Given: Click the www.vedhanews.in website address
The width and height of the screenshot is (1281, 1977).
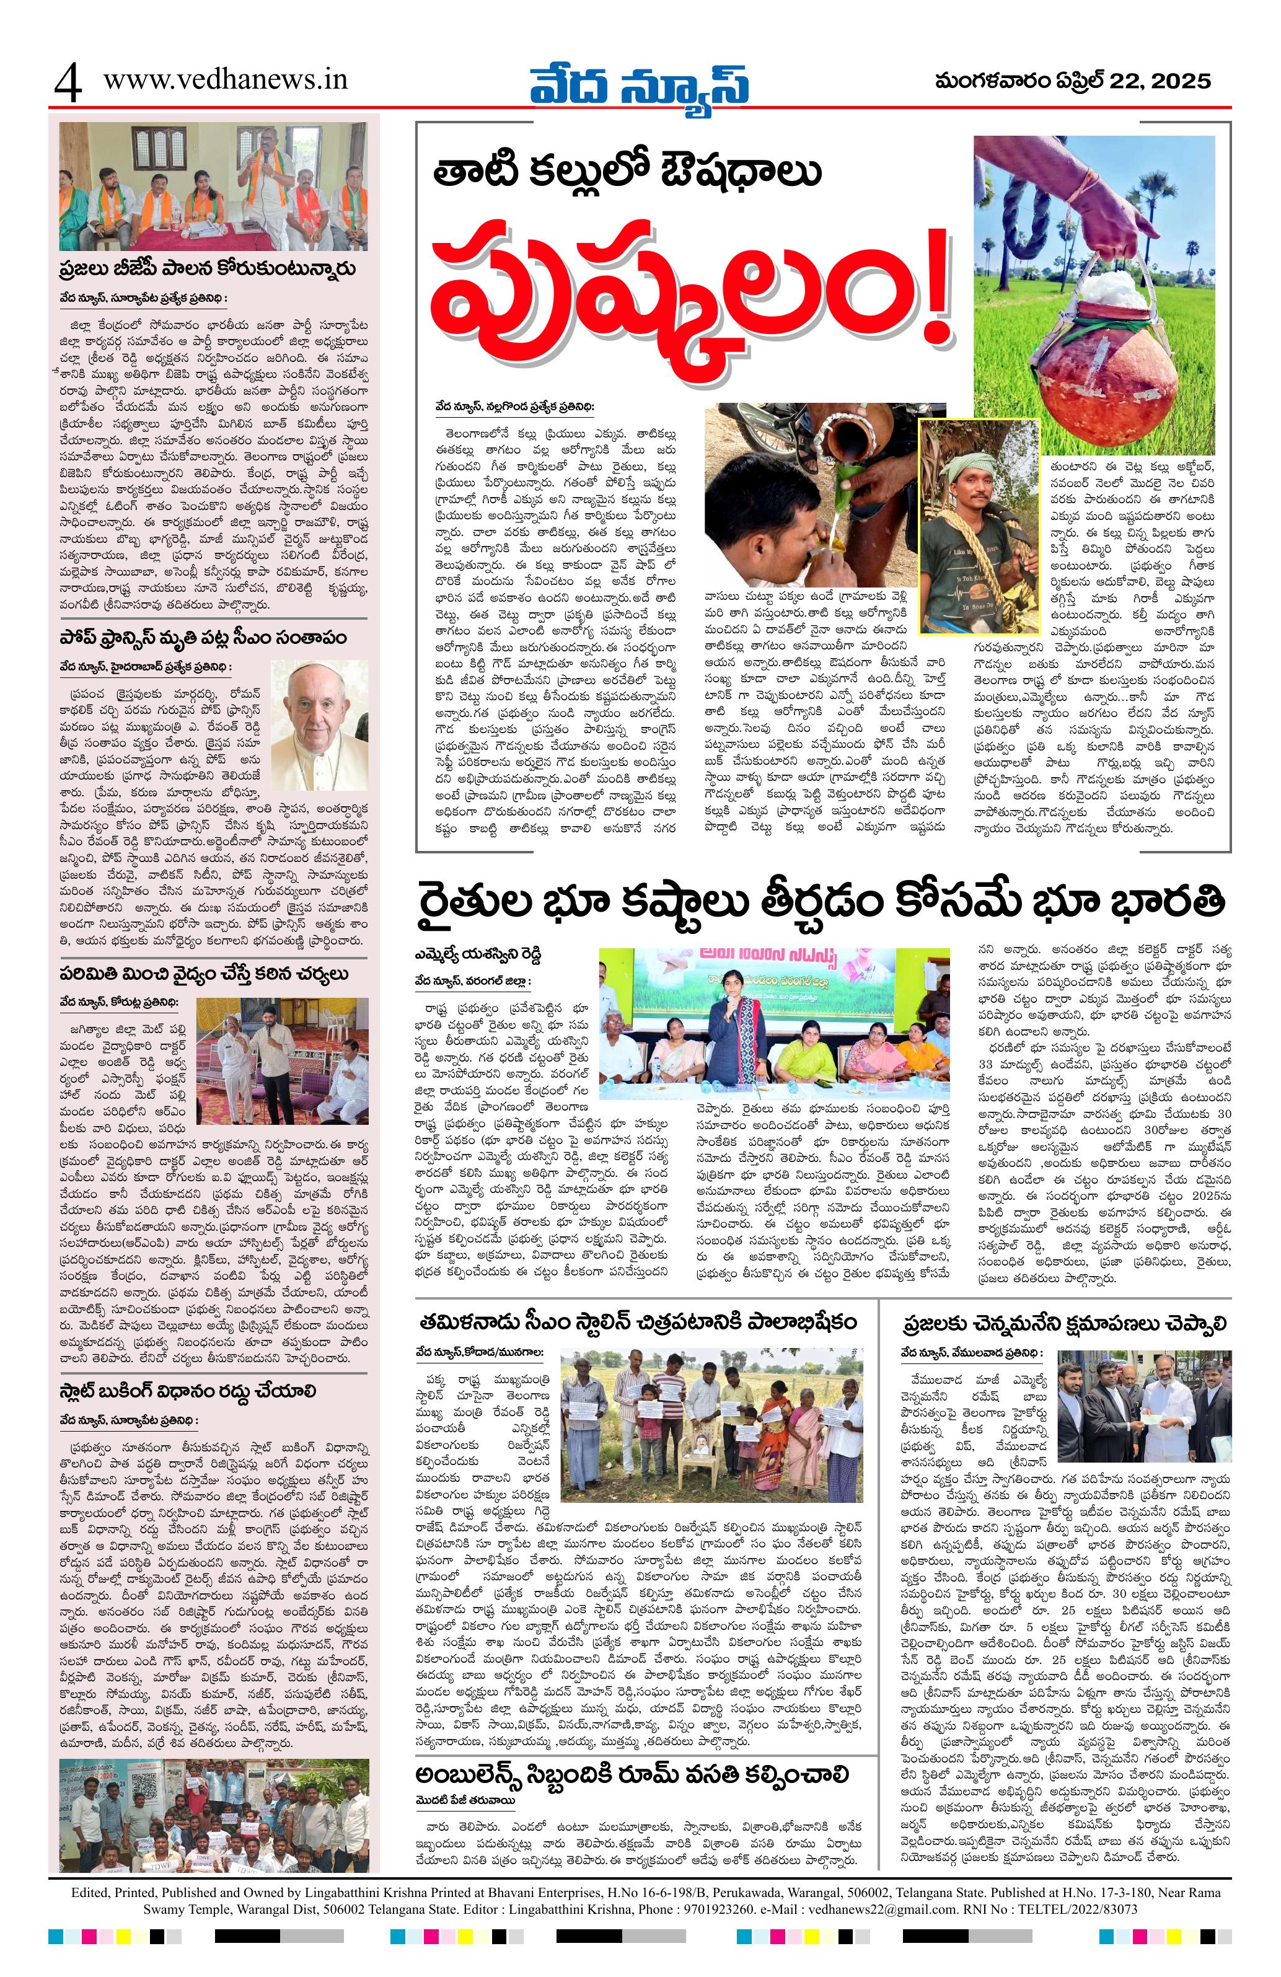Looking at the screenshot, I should (x=225, y=80).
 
